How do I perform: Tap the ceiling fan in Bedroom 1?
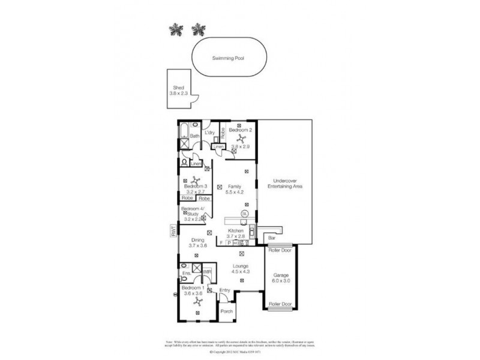point(197,303)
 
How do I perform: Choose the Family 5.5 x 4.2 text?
point(234,189)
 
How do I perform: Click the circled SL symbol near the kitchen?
point(244,214)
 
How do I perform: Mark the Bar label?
point(272,238)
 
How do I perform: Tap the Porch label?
point(226,311)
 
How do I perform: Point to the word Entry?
point(224,291)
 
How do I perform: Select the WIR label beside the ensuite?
point(207,272)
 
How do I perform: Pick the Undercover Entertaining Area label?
point(287,184)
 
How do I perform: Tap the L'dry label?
point(209,133)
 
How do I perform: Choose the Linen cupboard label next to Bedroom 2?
point(219,146)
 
